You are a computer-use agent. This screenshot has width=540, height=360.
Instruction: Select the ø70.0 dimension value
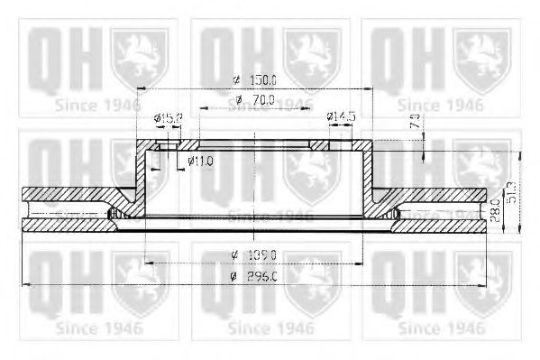pos(255,99)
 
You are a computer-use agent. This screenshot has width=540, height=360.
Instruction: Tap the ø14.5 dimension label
pos(342,116)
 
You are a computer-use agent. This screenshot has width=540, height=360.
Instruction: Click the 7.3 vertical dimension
pos(415,122)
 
